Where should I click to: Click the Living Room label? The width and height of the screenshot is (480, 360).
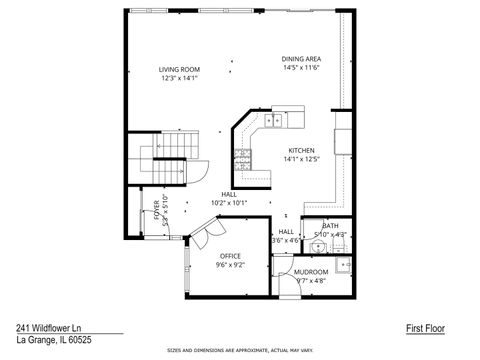coord(179,69)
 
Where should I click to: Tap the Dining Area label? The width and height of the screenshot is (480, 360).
coord(301,59)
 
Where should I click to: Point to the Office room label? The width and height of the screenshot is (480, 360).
coord(230,256)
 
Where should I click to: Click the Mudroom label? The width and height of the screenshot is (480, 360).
coord(310,271)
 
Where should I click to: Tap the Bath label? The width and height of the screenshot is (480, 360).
coord(330,226)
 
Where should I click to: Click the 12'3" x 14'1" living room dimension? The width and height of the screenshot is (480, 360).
coord(179,78)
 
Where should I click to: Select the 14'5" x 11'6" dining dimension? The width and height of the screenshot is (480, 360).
coord(301,68)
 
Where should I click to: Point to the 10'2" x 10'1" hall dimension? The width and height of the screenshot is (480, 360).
coord(229,202)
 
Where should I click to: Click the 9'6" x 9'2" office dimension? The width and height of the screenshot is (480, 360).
coord(230,265)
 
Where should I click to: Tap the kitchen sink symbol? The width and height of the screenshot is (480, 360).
coord(275,120)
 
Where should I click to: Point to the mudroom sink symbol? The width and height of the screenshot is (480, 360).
coord(342,265)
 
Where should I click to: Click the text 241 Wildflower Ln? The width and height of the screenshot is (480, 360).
coord(50,327)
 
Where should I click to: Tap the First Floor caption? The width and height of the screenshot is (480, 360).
coord(425,327)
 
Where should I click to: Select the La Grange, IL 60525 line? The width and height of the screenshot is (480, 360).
coord(49,339)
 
